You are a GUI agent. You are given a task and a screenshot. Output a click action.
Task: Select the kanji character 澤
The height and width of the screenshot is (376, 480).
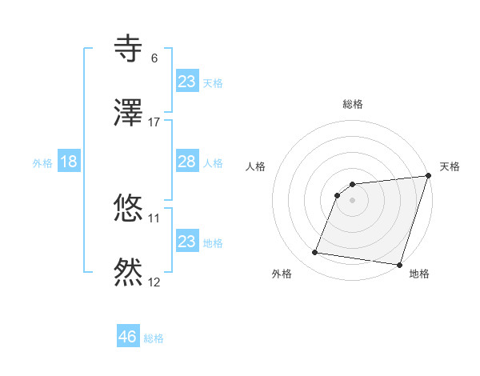pyautogui.click(x=129, y=113)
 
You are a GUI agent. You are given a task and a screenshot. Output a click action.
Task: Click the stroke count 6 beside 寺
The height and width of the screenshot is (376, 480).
pyautogui.click(x=154, y=58)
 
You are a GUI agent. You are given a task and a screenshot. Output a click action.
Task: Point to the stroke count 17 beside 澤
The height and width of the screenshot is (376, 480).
pyautogui.click(x=154, y=122)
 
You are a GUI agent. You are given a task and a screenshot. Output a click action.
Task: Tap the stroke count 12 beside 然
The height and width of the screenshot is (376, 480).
pyautogui.click(x=154, y=282)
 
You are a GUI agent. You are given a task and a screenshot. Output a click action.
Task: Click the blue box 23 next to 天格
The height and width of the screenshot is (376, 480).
pyautogui.click(x=187, y=82)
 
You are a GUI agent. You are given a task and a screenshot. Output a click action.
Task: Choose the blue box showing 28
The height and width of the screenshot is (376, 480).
pyautogui.click(x=187, y=162)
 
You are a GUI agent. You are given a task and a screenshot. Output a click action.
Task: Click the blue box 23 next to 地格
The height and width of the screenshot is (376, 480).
pyautogui.click(x=187, y=242)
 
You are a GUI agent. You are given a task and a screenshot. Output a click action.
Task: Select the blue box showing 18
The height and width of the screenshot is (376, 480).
pyautogui.click(x=69, y=162)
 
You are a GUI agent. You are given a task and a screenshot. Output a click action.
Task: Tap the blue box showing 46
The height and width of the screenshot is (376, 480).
pyautogui.click(x=128, y=337)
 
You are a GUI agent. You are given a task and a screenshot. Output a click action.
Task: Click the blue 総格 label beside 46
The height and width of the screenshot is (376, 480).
pyautogui.click(x=154, y=338)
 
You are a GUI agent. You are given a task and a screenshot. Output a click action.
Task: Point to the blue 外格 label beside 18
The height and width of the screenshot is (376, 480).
pyautogui.click(x=42, y=162)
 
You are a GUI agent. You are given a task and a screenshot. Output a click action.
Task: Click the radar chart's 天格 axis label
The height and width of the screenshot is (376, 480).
pyautogui.click(x=450, y=166)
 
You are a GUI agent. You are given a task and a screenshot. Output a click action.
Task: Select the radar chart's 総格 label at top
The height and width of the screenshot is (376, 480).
pyautogui.click(x=353, y=105)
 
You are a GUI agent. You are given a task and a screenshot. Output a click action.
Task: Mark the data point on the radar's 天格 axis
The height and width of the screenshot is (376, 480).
pyautogui.click(x=429, y=176)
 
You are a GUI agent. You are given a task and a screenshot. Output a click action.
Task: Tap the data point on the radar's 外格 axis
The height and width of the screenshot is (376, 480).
pyautogui.click(x=314, y=253)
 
